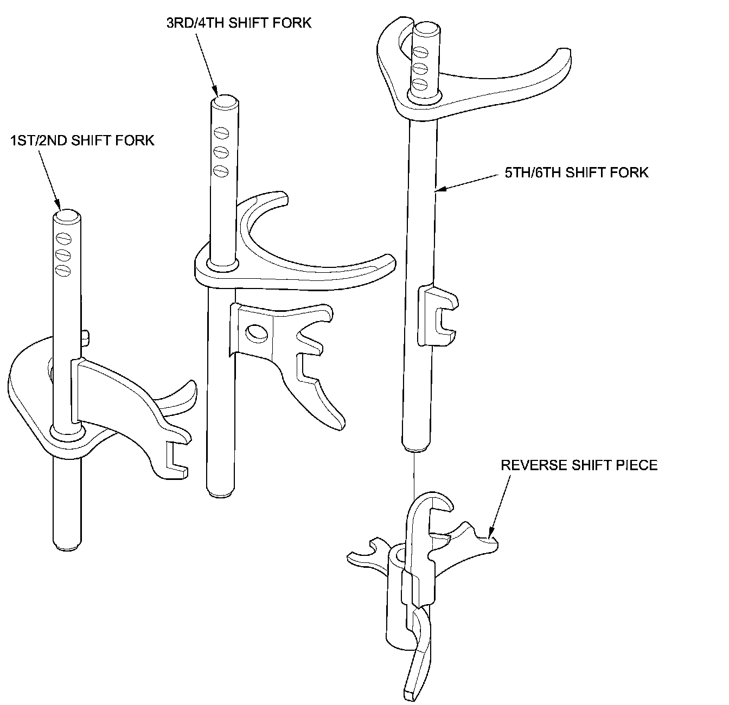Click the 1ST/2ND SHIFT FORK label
point(82,140)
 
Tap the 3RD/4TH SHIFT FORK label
point(239,23)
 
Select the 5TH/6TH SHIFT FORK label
point(577,173)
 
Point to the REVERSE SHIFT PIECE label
point(579,465)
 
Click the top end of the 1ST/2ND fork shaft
point(67,216)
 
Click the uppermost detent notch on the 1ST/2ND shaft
point(64,238)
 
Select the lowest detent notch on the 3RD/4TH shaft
point(220,171)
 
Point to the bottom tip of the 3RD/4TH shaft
point(221,494)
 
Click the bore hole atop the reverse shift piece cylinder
point(400,554)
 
